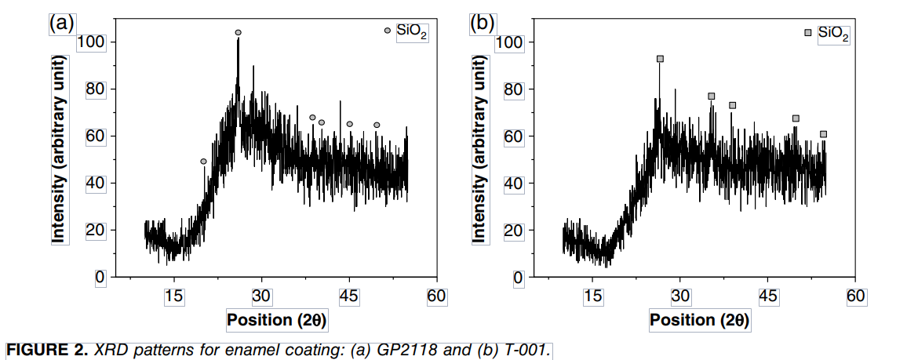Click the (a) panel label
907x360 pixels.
[x=61, y=23]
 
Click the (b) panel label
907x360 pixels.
[x=481, y=23]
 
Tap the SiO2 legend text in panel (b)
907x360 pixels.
[x=833, y=34]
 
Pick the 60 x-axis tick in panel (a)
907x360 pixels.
[x=436, y=296]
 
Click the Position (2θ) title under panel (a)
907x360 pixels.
[x=277, y=320]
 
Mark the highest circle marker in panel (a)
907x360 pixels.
[x=238, y=33]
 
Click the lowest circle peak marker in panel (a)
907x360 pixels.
[x=204, y=162]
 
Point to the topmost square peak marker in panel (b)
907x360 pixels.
[x=660, y=59]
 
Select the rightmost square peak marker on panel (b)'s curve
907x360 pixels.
[x=823, y=134]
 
